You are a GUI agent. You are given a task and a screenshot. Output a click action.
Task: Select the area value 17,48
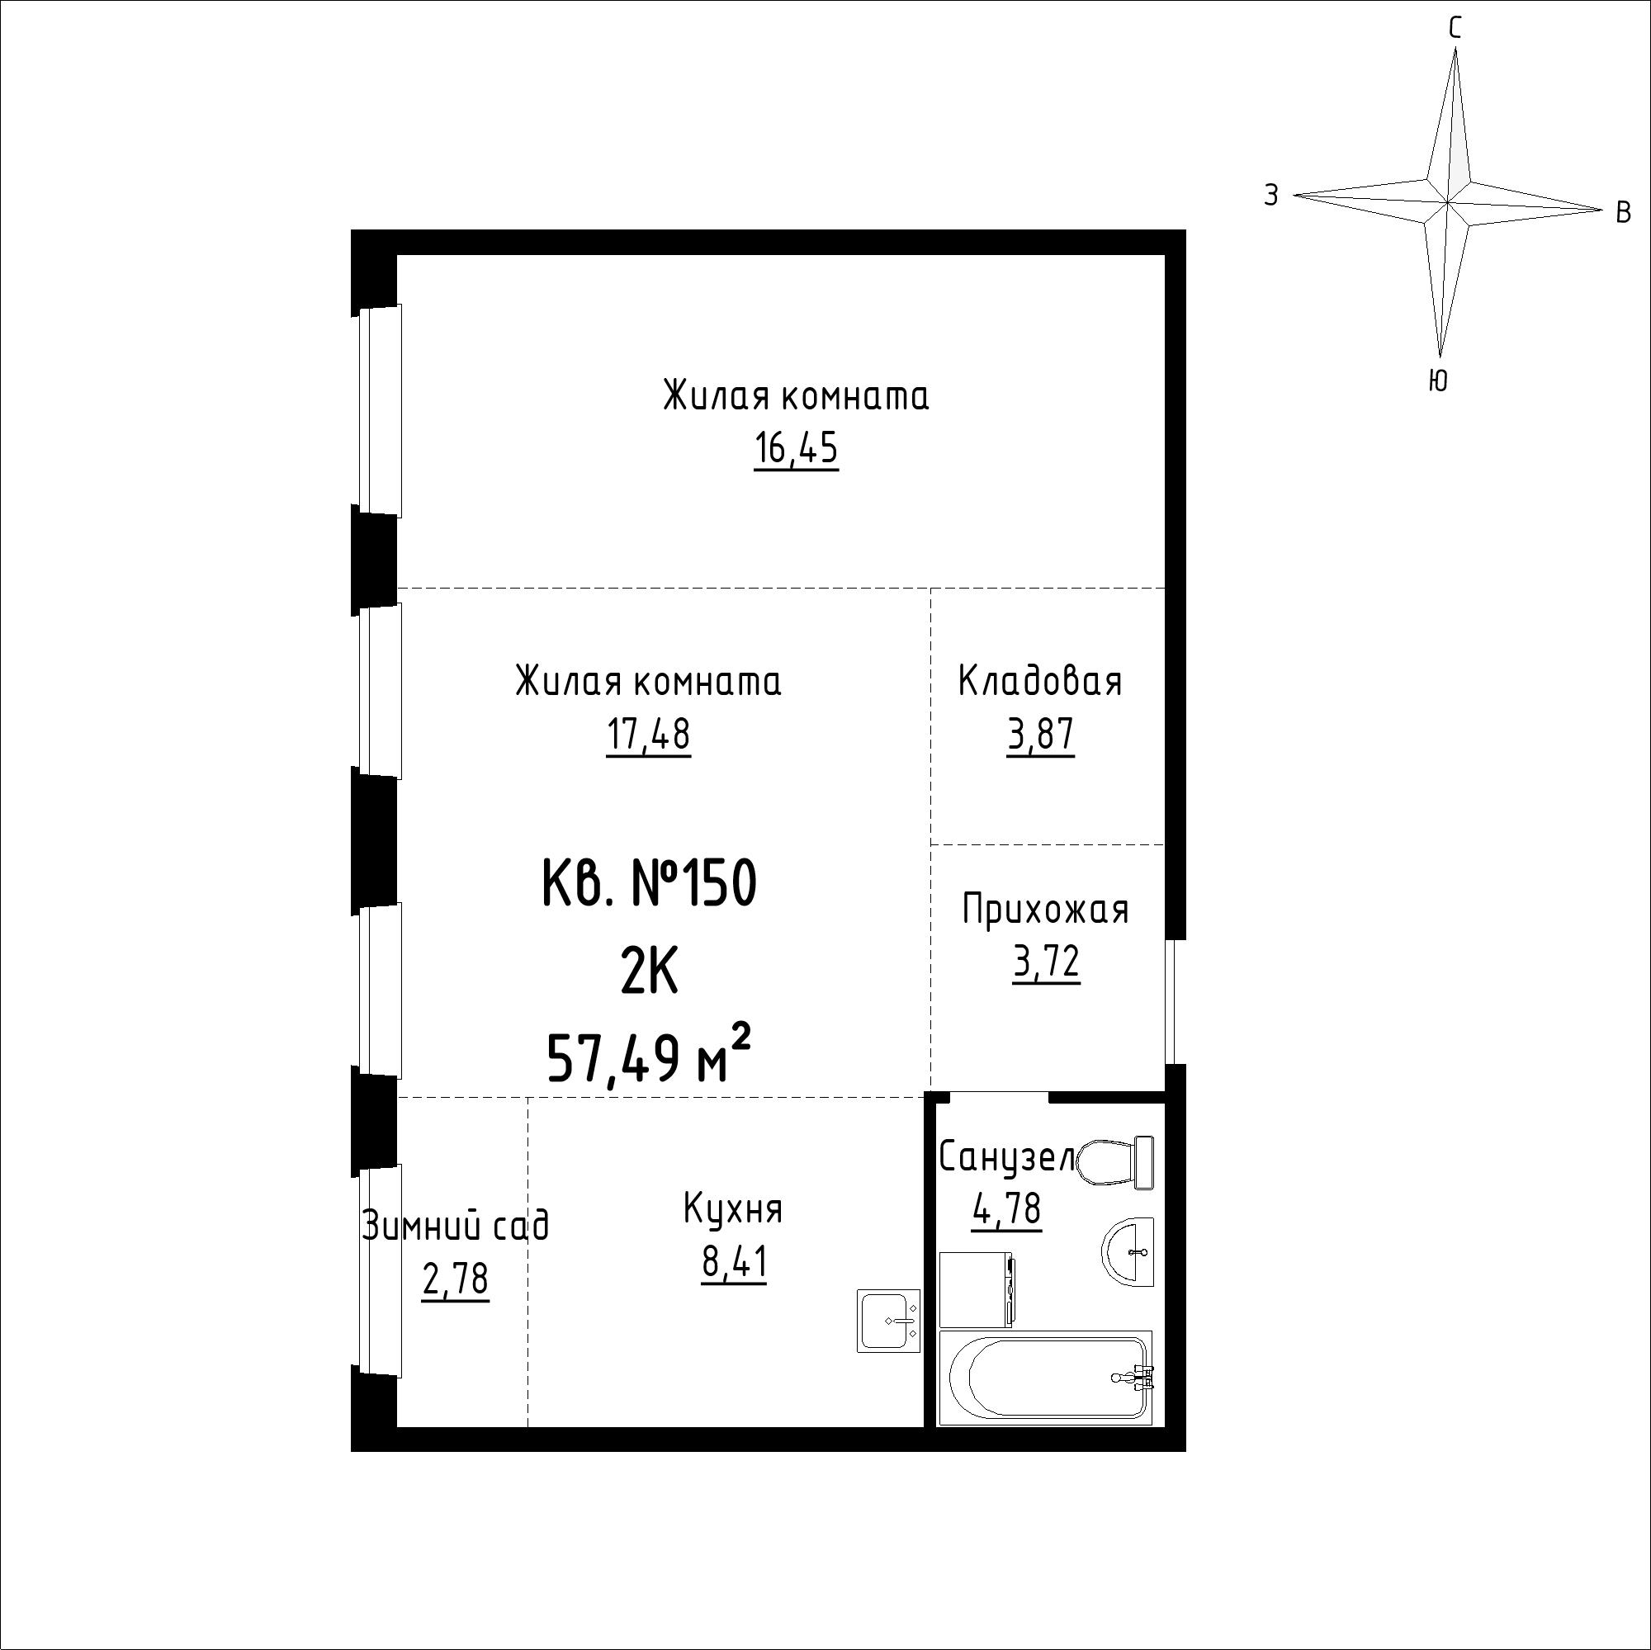(x=649, y=734)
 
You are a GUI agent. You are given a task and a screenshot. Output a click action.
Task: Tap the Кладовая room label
(x=1040, y=681)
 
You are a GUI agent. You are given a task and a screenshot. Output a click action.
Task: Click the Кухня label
(x=733, y=1209)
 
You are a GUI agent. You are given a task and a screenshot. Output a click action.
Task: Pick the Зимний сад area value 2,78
(x=456, y=1279)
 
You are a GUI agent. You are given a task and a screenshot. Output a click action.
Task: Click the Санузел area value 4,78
(x=1006, y=1208)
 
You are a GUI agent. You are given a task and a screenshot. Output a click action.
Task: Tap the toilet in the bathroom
(x=1116, y=1162)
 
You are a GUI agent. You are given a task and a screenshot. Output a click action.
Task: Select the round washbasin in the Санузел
(x=1128, y=1251)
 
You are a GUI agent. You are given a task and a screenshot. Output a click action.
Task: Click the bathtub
(x=1045, y=1378)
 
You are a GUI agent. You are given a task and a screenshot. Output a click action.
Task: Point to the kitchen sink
(x=889, y=1320)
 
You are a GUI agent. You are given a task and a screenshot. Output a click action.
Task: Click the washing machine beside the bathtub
(x=977, y=1289)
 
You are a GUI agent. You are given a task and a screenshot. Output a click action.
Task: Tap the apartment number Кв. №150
(x=650, y=884)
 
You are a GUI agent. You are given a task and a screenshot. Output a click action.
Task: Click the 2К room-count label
(x=650, y=972)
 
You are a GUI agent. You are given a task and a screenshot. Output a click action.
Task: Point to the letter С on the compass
(x=1455, y=29)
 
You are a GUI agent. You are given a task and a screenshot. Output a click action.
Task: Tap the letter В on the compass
(x=1625, y=212)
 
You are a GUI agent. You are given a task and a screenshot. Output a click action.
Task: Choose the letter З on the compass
(x=1271, y=196)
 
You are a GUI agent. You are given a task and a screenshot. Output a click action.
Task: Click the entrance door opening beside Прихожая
(x=1175, y=1002)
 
